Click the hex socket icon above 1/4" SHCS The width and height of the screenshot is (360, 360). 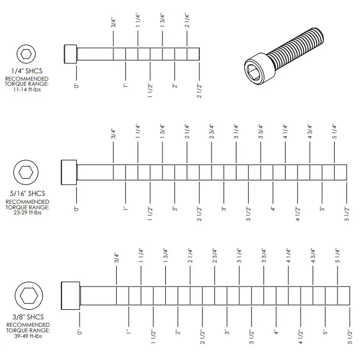25,54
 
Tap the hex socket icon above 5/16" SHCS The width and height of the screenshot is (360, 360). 25,172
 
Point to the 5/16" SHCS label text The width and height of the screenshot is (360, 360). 27,194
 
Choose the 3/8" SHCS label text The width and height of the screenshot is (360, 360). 27,317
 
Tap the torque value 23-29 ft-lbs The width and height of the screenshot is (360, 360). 27,213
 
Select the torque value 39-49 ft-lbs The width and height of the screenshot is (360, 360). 27,337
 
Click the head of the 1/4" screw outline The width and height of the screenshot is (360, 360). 70,54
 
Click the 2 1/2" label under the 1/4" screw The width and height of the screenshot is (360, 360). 199,90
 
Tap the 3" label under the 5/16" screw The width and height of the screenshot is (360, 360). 224,209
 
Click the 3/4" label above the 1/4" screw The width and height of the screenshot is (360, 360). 113,23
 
